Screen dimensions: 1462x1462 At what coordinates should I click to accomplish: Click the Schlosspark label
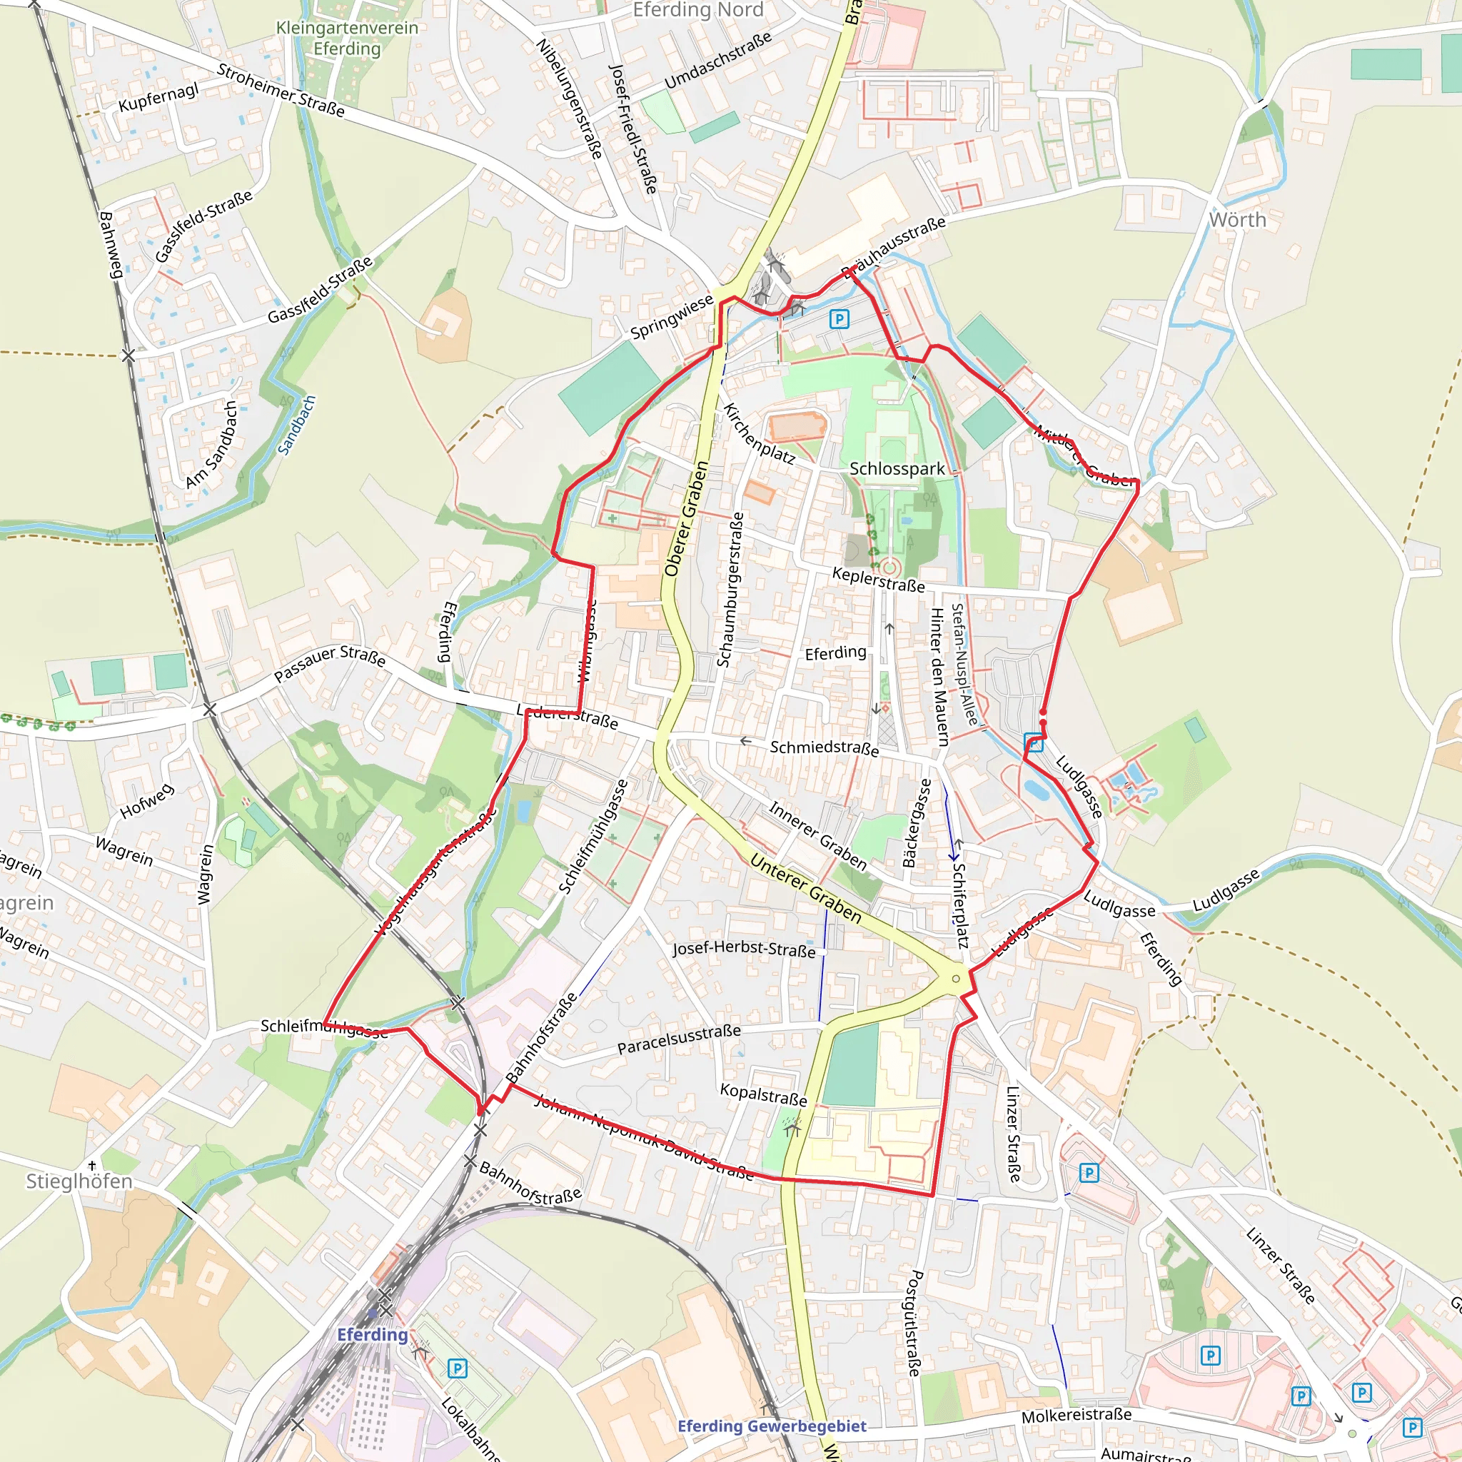(x=897, y=469)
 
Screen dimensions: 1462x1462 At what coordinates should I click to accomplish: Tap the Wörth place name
(x=1237, y=220)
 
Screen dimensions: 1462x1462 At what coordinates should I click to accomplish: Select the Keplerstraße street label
(x=878, y=580)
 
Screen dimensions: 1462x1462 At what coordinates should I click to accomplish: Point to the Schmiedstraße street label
(x=824, y=747)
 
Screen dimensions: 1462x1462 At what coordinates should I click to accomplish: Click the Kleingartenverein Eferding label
(x=348, y=39)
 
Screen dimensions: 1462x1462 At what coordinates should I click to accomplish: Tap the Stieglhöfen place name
(x=79, y=1181)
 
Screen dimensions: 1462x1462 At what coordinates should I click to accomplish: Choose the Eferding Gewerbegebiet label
(x=772, y=1426)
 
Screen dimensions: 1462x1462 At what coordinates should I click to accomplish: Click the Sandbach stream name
(x=297, y=425)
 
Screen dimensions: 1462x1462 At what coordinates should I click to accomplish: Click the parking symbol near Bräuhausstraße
(x=839, y=319)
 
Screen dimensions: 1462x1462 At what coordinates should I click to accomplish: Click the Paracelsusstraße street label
(x=679, y=1039)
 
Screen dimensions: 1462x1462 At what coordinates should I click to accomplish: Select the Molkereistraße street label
(x=1076, y=1416)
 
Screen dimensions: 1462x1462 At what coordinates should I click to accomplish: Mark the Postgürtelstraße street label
(x=914, y=1323)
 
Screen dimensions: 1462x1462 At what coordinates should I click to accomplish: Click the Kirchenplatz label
(x=759, y=433)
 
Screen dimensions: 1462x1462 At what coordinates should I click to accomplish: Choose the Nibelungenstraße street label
(x=569, y=99)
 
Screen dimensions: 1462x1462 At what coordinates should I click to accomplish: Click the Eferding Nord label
(x=697, y=10)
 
